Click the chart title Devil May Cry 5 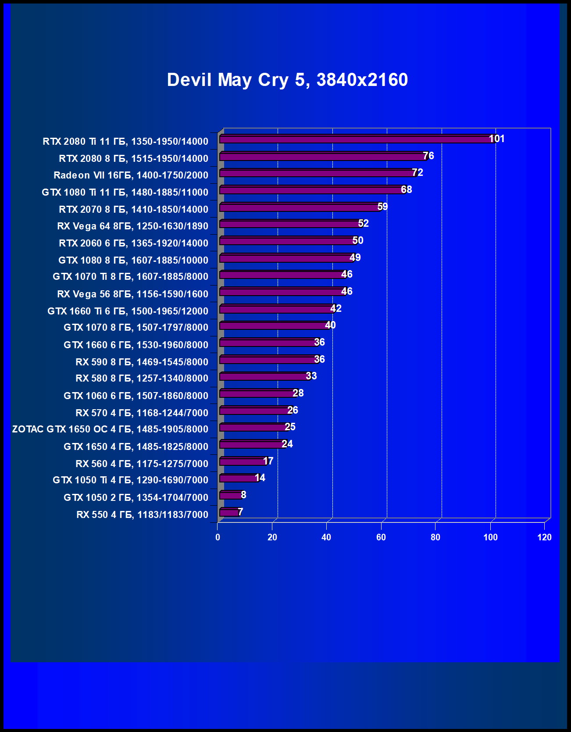coord(287,80)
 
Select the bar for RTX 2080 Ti coord(355,139)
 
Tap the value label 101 coord(497,139)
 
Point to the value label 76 coord(428,156)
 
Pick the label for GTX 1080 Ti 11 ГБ coord(125,192)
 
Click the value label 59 coord(382,207)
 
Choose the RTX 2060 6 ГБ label coord(133,243)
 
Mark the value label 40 coord(330,325)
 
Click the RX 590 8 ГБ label coord(142,362)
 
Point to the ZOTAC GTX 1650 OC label coord(110,429)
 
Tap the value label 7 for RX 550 coord(240,512)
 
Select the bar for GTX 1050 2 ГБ coord(230,496)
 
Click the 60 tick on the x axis coord(381,537)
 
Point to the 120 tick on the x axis coord(544,537)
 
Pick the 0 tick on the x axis coord(218,537)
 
